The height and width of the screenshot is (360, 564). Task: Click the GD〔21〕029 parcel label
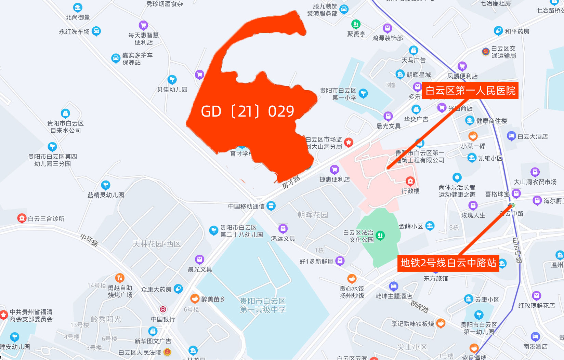click(x=247, y=111)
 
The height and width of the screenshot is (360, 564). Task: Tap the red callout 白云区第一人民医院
click(x=470, y=91)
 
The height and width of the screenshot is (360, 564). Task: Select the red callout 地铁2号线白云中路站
click(x=448, y=263)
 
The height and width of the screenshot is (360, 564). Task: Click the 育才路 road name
click(x=291, y=183)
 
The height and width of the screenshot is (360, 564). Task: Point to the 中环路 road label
click(x=89, y=240)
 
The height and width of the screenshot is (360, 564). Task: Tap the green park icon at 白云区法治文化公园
click(x=380, y=235)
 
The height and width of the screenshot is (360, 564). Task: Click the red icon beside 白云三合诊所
click(x=22, y=218)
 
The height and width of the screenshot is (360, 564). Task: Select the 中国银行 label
click(x=163, y=319)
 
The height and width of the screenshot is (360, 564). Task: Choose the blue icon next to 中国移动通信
click(x=271, y=206)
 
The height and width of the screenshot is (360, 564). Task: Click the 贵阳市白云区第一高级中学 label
click(x=263, y=305)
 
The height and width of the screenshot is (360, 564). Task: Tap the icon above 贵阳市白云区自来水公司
click(x=65, y=113)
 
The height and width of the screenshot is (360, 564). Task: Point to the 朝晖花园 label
click(x=313, y=215)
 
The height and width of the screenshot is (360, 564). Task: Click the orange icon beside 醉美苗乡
click(x=195, y=299)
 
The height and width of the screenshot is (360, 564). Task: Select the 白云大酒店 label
click(x=533, y=136)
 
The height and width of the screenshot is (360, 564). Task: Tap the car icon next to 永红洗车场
click(x=96, y=31)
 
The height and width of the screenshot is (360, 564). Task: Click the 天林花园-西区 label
click(x=157, y=244)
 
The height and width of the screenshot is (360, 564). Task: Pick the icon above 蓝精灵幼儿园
click(x=106, y=185)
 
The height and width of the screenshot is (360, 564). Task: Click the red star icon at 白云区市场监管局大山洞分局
click(x=349, y=143)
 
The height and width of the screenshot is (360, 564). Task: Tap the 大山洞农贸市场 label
click(x=535, y=182)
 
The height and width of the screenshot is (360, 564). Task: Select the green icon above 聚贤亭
click(x=356, y=24)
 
